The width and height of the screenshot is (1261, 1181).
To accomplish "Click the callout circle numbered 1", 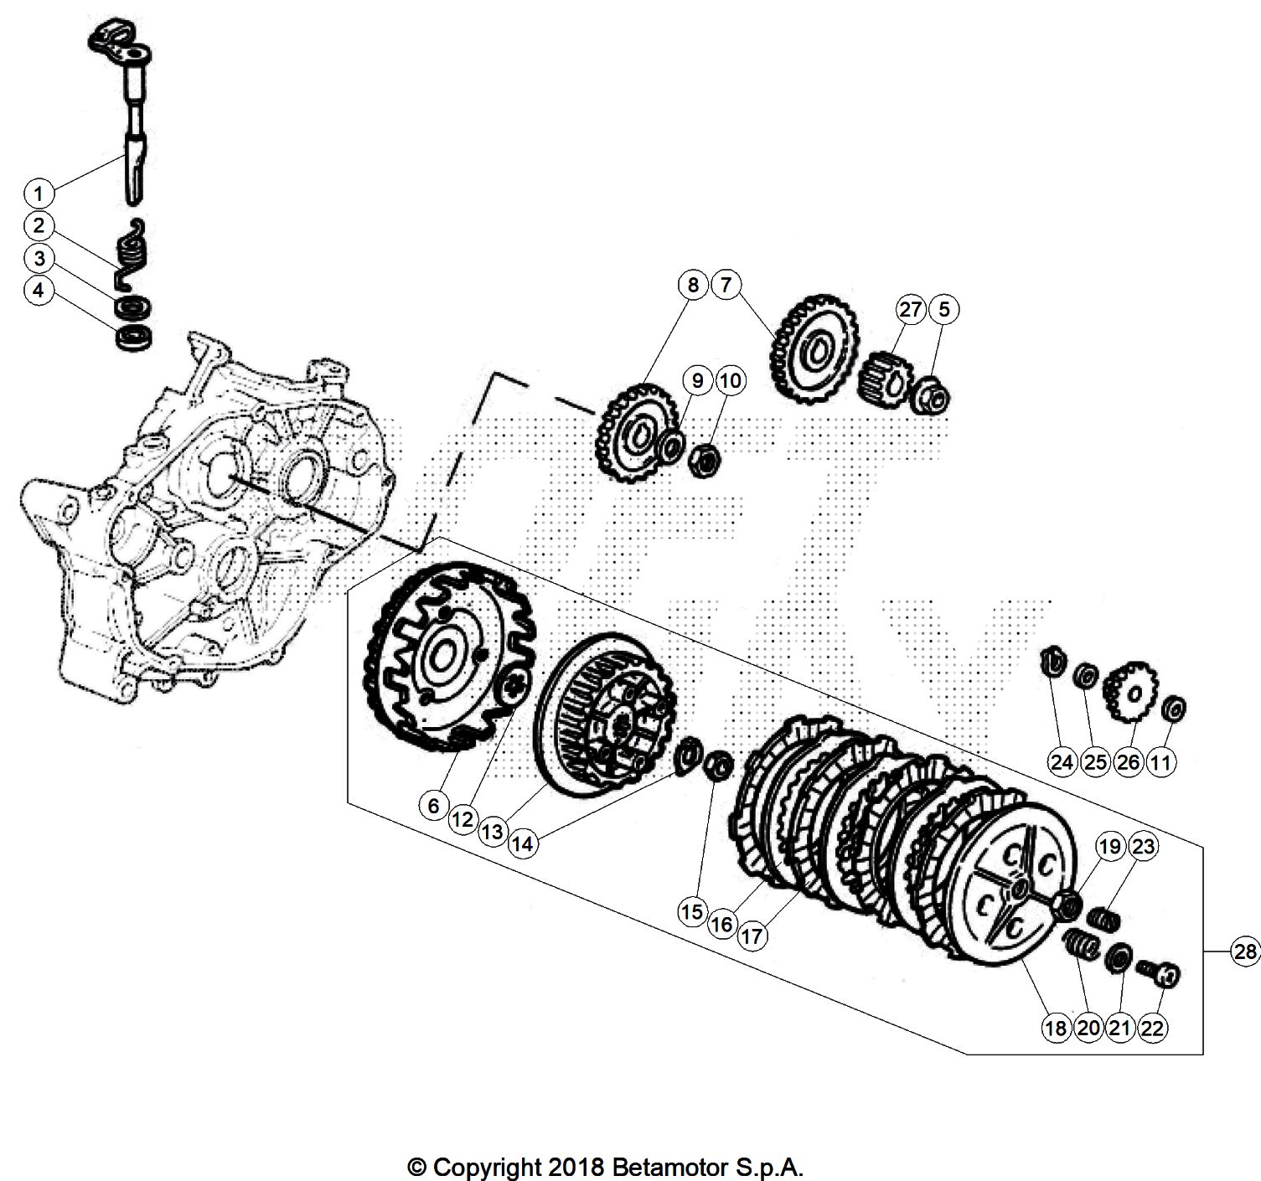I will tap(39, 193).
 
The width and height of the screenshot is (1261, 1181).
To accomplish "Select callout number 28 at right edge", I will tap(1246, 951).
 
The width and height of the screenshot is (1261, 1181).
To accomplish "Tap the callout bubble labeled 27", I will tap(911, 309).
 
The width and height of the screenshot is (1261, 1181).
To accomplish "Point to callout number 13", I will tap(492, 832).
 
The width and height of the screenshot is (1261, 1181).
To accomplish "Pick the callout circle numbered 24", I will tap(1062, 762).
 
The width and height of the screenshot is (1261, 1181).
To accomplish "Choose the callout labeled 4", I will tap(39, 291).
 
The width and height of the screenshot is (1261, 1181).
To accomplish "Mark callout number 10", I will tap(731, 381).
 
